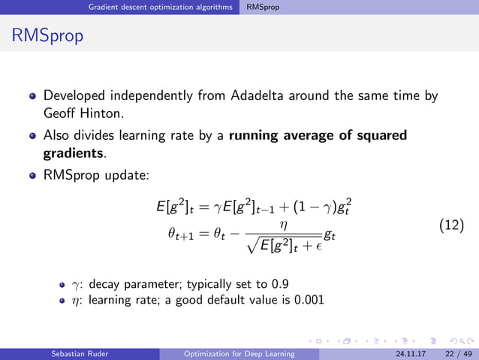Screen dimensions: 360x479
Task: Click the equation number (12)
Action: coord(450,224)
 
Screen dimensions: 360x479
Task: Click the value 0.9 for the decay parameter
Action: coord(280,283)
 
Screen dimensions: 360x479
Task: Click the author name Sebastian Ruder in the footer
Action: coord(83,353)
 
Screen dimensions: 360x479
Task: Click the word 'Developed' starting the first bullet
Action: coord(73,96)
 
